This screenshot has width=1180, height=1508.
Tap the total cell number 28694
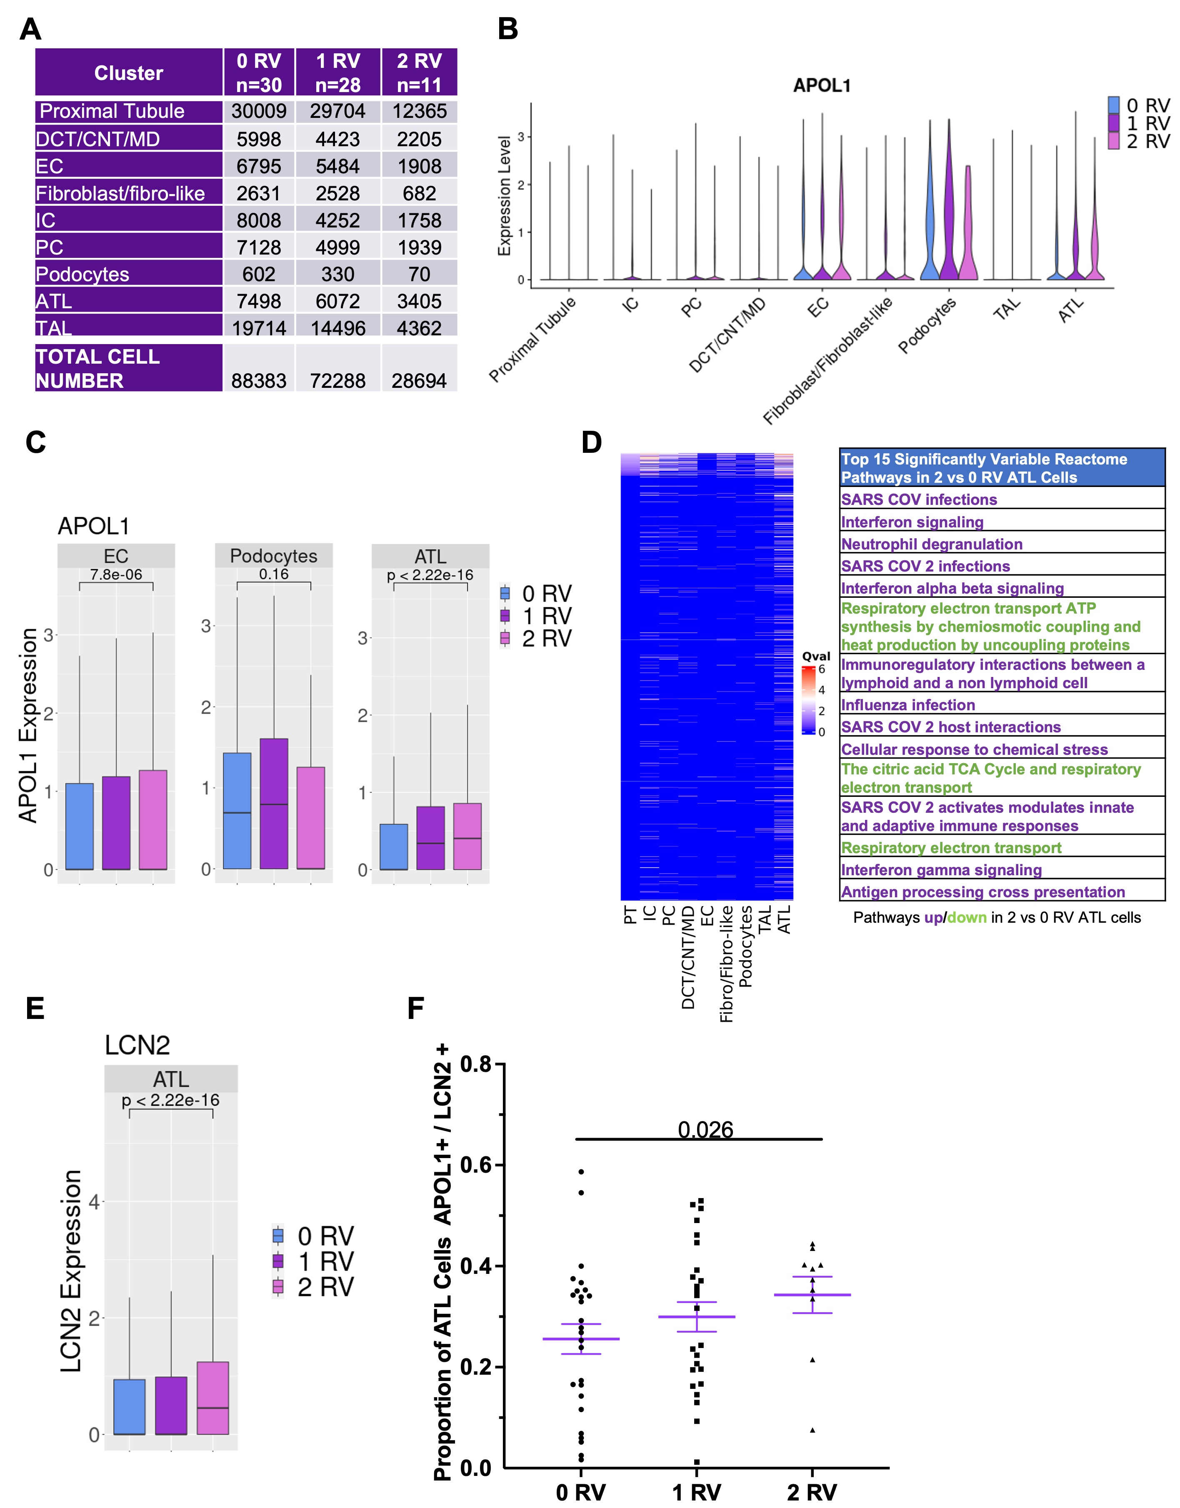pyautogui.click(x=419, y=381)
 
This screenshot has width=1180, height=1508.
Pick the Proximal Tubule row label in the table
pyautogui.click(x=112, y=111)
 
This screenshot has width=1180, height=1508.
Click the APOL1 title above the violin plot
pyautogui.click(x=821, y=86)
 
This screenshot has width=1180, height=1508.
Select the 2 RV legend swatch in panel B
pyautogui.click(x=1114, y=141)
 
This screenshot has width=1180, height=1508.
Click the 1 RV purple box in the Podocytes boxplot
pyautogui.click(x=274, y=804)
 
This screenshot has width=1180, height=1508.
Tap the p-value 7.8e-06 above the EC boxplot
pyautogui.click(x=116, y=574)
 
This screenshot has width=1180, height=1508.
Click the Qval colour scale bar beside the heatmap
pyautogui.click(x=808, y=700)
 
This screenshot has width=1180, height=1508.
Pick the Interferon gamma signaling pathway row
pyautogui.click(x=941, y=870)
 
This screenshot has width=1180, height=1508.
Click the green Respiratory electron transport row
pyautogui.click(x=951, y=848)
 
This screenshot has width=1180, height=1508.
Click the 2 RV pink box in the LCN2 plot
pyautogui.click(x=213, y=1398)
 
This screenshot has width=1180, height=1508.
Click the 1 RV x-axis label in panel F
pyautogui.click(x=696, y=1492)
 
